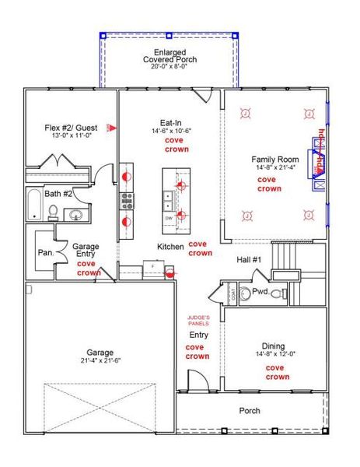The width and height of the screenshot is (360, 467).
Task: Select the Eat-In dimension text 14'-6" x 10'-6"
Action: point(170,132)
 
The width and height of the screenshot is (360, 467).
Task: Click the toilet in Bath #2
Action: point(53,211)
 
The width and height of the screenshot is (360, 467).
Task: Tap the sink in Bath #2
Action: point(75,215)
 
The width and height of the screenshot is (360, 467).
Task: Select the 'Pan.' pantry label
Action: point(44,253)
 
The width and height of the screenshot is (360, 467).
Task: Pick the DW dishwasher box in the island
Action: point(169,219)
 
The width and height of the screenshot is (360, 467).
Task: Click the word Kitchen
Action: point(170,247)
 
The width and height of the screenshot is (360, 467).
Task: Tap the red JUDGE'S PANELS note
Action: point(197,320)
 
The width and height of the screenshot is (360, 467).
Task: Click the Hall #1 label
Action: point(250,259)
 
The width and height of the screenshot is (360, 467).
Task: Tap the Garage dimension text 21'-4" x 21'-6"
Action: point(100,360)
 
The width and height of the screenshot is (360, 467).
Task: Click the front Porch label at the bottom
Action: point(249,411)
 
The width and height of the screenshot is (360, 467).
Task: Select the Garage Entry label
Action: point(86,251)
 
